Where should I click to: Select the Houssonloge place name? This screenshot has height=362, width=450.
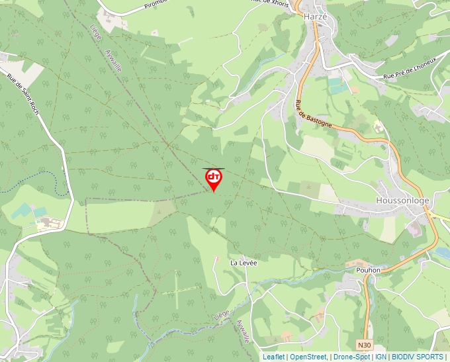402,201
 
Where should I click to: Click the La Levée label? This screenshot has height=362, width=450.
244,263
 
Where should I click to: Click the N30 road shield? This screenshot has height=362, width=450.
365,345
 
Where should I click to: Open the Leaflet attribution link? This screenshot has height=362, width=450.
273,357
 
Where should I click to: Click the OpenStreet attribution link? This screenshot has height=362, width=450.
308,357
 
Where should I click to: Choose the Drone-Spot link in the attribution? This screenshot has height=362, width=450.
351,357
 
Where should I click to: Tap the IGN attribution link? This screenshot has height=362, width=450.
381,357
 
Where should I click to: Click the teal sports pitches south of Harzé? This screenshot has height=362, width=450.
337,85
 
